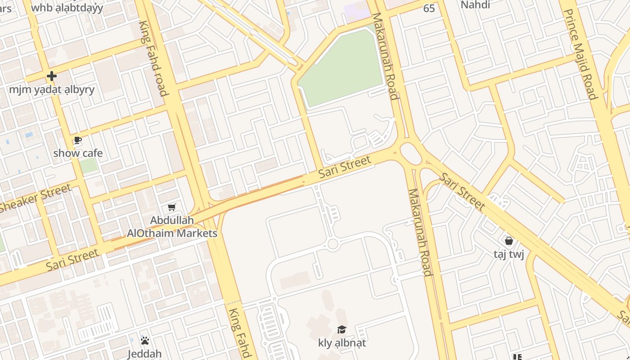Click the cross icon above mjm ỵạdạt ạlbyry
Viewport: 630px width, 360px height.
[52, 76]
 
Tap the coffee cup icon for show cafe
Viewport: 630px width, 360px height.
[78, 140]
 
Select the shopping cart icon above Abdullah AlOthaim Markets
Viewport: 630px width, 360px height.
[171, 207]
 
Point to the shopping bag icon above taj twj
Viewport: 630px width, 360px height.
[509, 241]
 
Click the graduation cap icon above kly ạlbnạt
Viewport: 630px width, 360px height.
[342, 329]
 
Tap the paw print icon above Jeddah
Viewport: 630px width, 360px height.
[144, 341]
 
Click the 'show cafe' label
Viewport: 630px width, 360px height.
[78, 153]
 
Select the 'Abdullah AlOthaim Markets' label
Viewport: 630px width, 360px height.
[172, 227]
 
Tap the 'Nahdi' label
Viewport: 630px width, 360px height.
[476, 5]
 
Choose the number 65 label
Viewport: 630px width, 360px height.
[429, 9]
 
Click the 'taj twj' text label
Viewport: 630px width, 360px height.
[509, 255]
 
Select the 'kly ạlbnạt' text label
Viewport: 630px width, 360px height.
[342, 343]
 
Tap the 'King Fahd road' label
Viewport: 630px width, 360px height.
[154, 58]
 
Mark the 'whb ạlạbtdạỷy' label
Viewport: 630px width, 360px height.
[67, 8]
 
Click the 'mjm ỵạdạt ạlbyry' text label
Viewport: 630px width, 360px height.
[52, 89]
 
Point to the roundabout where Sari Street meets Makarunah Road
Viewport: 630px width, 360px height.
[411, 153]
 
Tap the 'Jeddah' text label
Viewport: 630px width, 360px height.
[144, 354]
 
